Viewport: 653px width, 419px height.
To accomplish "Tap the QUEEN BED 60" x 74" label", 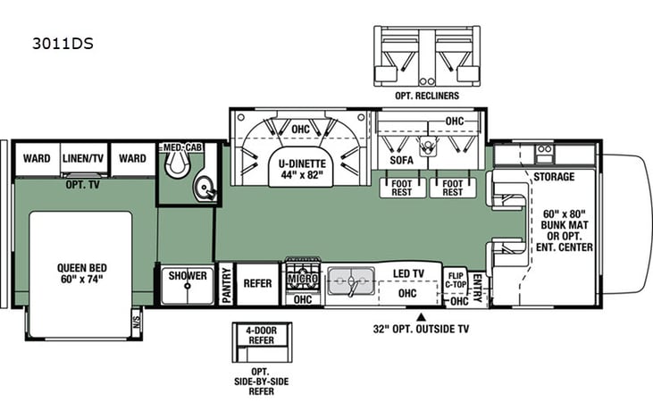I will [x=80, y=272].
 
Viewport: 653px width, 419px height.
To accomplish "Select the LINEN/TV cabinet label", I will [x=85, y=159].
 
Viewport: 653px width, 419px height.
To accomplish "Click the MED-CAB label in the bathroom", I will [x=180, y=147].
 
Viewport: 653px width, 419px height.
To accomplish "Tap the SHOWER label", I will [x=188, y=276].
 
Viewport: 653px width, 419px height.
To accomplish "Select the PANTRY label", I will [x=226, y=285].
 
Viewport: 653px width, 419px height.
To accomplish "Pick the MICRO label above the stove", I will [x=302, y=279].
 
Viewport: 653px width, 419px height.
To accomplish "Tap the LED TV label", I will [x=407, y=272].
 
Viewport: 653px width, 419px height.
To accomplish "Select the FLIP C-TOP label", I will [x=456, y=280].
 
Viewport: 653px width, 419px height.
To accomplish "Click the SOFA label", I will [x=401, y=161].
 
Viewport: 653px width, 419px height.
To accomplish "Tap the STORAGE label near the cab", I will [x=554, y=177].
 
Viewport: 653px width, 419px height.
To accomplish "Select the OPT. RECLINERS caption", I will [x=426, y=95].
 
